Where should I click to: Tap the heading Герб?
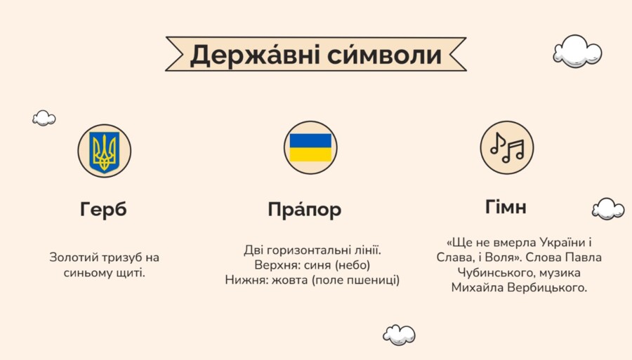pos(104,209)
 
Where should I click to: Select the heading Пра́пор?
pos(305,209)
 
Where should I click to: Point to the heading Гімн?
pos(506,207)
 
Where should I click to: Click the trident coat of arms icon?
pos(105,151)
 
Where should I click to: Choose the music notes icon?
pos(507,147)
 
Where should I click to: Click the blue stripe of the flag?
pos(310,140)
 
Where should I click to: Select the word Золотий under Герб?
pos(70,258)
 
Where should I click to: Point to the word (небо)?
pos(352,265)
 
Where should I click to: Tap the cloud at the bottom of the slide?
pos(399,335)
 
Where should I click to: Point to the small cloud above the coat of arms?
pos(44,118)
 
